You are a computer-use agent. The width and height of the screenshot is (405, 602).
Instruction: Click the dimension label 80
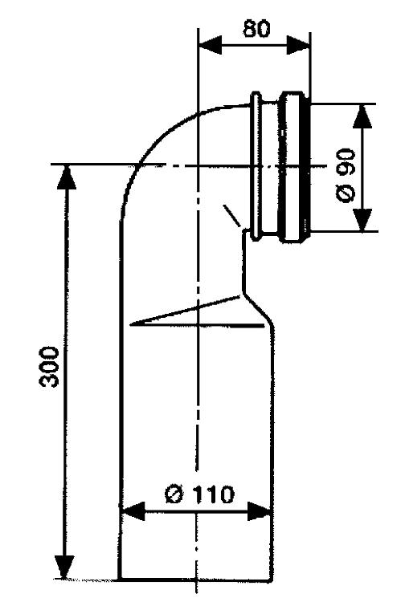pos(256,28)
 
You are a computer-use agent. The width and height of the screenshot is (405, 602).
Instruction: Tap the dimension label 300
pos(49,367)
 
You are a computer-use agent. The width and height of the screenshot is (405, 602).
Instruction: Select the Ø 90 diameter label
pos(346,175)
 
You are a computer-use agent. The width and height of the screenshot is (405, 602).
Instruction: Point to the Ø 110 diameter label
pos(199,494)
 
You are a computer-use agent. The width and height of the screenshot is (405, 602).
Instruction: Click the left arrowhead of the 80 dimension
pos(210,45)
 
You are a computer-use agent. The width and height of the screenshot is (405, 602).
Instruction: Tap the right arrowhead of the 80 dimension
pos(298,45)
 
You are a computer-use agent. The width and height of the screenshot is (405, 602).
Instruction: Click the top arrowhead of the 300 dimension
pos(67,177)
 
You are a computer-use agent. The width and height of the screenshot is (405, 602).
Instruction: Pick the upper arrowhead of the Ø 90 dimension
pos(362,116)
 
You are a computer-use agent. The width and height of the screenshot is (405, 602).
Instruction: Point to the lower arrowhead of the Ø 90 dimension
pos(362,220)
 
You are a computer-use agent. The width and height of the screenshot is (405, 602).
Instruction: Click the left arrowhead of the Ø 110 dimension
pos(133,511)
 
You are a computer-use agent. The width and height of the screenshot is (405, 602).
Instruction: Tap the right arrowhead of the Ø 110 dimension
pos(260,511)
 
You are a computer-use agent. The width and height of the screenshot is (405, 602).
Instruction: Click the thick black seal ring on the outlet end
pos(308,167)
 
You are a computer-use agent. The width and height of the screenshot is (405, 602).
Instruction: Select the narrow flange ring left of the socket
pos(256,166)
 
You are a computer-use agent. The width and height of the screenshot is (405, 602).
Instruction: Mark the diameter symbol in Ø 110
pos(174,494)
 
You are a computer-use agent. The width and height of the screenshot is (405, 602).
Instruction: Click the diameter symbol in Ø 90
pos(346,193)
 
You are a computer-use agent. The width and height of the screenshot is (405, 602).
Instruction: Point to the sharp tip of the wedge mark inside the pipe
pos(131,324)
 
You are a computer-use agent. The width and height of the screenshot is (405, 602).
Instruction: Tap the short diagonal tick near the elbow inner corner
pos(231,216)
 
